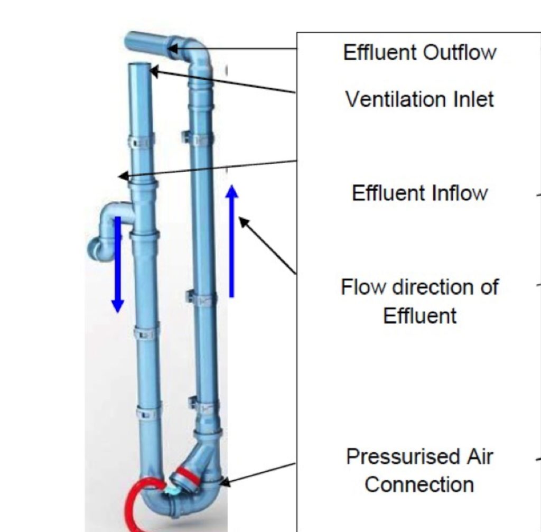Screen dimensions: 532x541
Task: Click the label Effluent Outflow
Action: pos(419,52)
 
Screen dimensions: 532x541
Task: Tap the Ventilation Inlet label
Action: pos(419,99)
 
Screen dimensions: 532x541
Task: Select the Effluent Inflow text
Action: pos(419,193)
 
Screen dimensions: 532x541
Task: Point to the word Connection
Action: pos(419,484)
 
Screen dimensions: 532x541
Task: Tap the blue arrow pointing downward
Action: pos(117,264)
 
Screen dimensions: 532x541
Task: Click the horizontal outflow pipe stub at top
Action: pos(146,42)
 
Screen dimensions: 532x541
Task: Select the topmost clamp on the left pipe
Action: pos(141,141)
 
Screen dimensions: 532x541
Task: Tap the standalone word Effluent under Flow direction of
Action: pos(419,315)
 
